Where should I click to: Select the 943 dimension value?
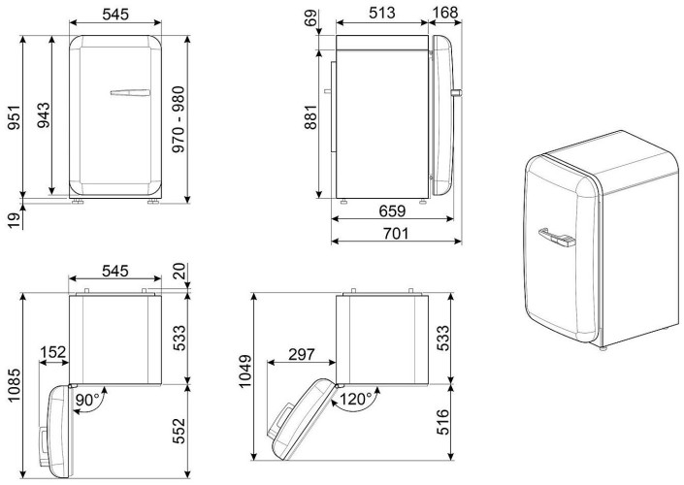click(44, 118)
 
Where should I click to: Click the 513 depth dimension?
click(381, 15)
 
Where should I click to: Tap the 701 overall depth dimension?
click(393, 233)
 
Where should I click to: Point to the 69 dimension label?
click(309, 17)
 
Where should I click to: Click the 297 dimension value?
click(302, 356)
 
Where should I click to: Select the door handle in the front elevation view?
click(128, 93)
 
